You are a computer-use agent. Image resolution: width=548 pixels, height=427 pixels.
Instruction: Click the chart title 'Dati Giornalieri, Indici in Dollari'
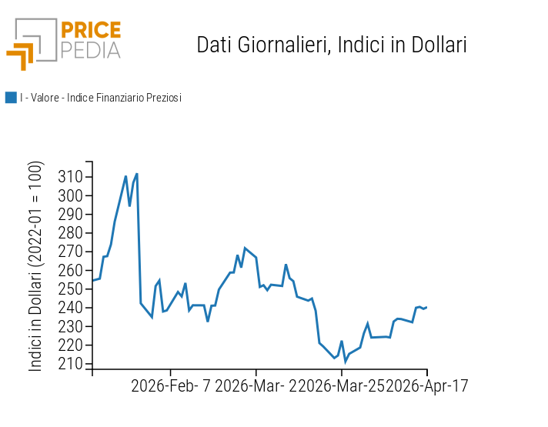click(332, 45)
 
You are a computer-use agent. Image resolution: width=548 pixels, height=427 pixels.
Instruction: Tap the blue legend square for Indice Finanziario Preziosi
click(11, 98)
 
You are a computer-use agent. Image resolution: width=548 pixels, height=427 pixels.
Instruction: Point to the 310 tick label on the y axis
click(70, 177)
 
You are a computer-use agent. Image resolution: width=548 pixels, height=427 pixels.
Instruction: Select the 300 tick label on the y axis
click(70, 195)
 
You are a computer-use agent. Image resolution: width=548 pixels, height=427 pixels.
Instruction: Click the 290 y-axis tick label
click(70, 215)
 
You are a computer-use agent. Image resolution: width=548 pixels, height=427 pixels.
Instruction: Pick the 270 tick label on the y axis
click(70, 252)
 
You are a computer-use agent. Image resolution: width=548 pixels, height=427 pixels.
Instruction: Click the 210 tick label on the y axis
click(70, 364)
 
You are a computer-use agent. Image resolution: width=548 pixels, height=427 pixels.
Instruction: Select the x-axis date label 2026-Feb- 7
click(171, 385)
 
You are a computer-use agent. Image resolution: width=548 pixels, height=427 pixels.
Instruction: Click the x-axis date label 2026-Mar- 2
click(254, 385)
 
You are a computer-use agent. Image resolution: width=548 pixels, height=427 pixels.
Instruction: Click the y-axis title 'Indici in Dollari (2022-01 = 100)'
click(36, 266)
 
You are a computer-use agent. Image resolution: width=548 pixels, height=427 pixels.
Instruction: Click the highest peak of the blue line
click(136, 174)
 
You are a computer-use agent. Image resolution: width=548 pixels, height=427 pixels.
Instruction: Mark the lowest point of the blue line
click(345, 362)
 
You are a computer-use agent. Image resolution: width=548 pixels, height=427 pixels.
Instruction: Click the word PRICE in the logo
click(91, 31)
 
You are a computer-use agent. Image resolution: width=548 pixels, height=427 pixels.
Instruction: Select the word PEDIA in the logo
click(91, 50)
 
